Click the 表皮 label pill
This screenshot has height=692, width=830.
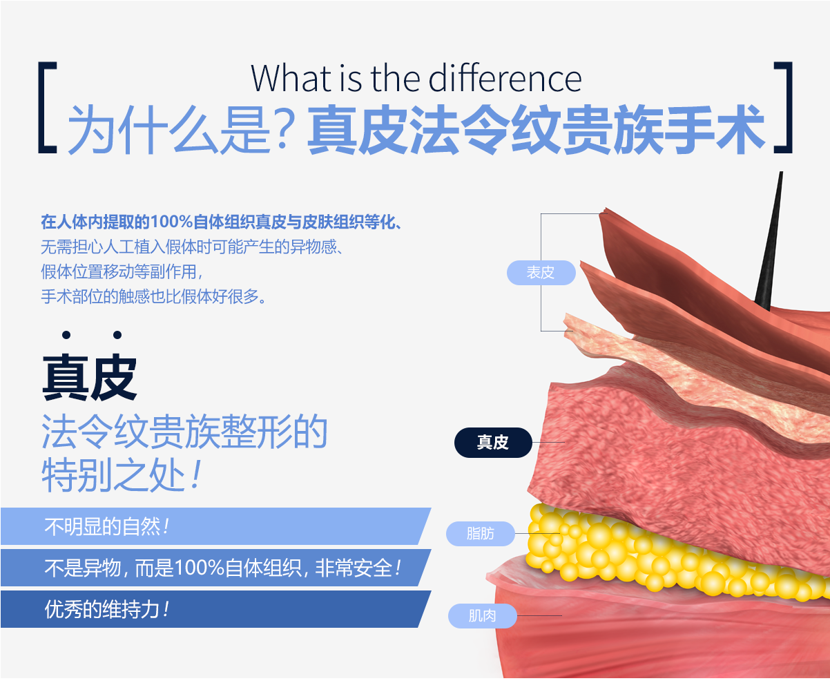point(541,272)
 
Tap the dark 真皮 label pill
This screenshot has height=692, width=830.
point(493,442)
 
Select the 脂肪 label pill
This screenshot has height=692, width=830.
point(480,533)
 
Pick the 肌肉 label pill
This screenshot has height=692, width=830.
point(482,615)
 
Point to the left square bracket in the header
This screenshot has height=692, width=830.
point(47,107)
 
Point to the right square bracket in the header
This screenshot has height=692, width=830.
point(783,107)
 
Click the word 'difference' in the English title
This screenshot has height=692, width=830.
point(505,78)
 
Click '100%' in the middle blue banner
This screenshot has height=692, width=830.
point(199,568)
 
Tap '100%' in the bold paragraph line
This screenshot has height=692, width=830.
point(172,222)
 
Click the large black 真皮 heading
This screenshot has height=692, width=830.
point(90,377)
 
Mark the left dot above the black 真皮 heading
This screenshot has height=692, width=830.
point(66,335)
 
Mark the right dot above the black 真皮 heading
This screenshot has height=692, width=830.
point(117,335)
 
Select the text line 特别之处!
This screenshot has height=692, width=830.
point(122,474)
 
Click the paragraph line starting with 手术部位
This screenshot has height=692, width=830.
point(154,297)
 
